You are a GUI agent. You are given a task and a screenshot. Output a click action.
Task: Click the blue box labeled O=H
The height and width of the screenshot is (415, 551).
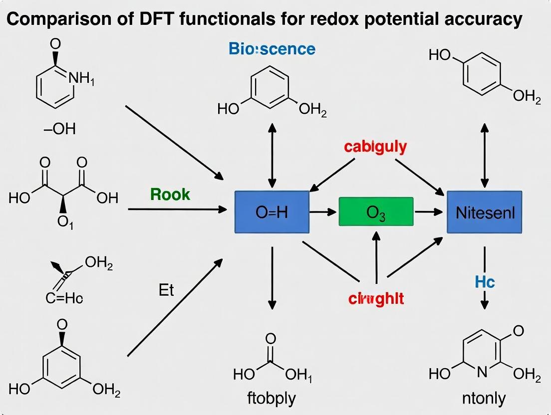pyautogui.click(x=272, y=212)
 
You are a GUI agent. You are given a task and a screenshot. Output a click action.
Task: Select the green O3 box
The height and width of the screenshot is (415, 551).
pyautogui.click(x=376, y=212)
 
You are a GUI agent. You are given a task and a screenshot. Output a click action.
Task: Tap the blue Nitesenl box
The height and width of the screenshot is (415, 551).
pyautogui.click(x=484, y=212)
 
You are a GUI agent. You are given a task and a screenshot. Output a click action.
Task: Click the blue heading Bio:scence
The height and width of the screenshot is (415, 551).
pyautogui.click(x=272, y=49)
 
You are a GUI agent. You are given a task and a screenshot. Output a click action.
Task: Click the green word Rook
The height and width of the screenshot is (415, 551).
pyautogui.click(x=170, y=194)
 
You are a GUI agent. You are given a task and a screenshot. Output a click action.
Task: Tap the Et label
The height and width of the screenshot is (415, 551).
pyautogui.click(x=166, y=290)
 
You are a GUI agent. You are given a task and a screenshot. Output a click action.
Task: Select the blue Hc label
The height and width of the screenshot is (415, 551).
pyautogui.click(x=484, y=282)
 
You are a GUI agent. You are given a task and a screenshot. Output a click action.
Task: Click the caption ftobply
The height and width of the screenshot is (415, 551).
pyautogui.click(x=272, y=399)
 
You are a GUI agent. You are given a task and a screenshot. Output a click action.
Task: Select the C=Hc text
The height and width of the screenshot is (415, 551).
pyautogui.click(x=64, y=299)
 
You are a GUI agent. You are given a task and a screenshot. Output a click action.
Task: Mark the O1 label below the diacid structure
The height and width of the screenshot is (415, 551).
pyautogui.click(x=65, y=222)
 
